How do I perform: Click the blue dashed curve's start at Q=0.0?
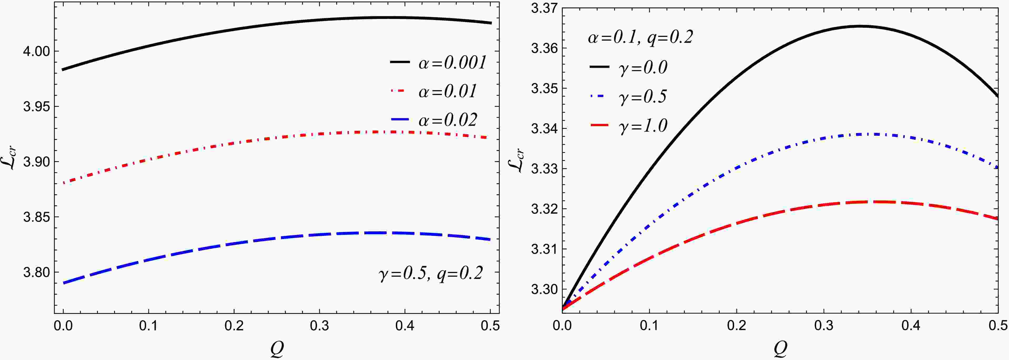point(63,283)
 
